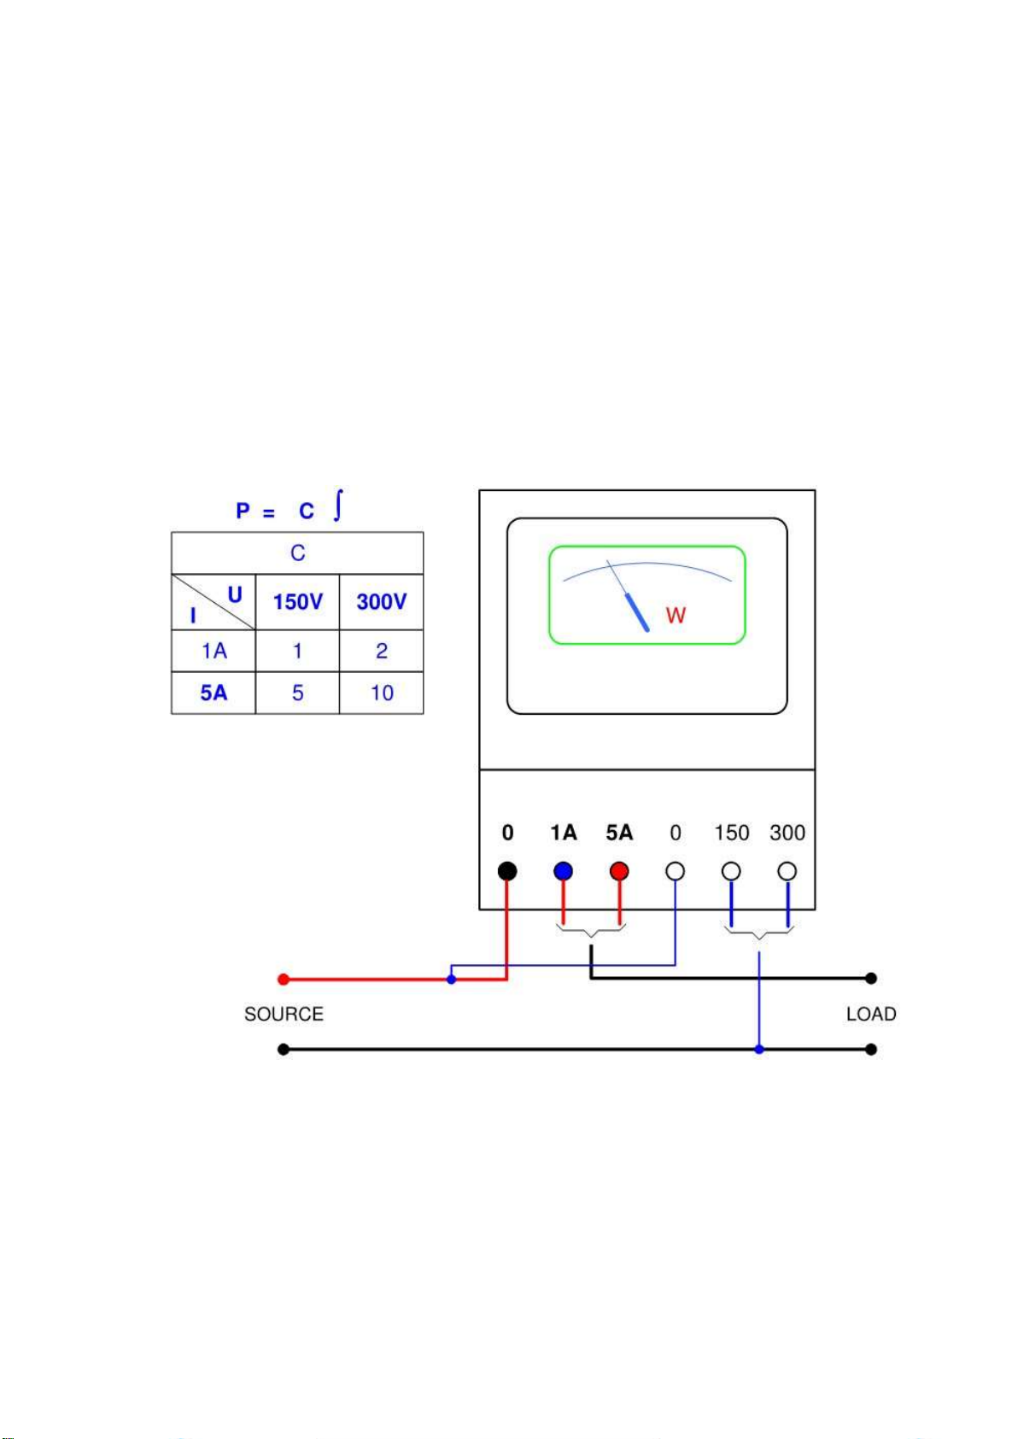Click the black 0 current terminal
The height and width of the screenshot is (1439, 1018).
coord(507,871)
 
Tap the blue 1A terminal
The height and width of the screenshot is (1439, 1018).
coord(563,871)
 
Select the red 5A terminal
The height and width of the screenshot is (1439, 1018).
coord(619,871)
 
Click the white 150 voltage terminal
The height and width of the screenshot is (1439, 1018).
coord(731,871)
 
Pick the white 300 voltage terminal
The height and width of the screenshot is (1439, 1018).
coord(787,871)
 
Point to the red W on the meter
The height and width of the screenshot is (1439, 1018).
coord(676,616)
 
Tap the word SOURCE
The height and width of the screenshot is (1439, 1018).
coord(284,1015)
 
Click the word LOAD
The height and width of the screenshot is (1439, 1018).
coord(871,1015)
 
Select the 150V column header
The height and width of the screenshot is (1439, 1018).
coord(297,602)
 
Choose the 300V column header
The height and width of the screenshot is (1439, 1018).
coord(381,602)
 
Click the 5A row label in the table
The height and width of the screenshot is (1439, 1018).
coord(214,693)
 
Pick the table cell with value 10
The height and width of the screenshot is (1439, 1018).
coord(382,693)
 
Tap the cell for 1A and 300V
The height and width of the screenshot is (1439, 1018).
coord(382,651)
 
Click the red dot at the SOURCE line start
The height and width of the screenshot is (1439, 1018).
coord(284,980)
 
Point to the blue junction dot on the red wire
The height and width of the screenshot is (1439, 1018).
coord(451,980)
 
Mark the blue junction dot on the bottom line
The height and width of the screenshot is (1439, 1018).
coord(759,1049)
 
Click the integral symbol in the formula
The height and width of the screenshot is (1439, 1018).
coord(338,505)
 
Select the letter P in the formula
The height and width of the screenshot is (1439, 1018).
coord(243,512)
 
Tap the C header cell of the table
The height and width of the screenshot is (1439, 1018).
coord(297,553)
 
